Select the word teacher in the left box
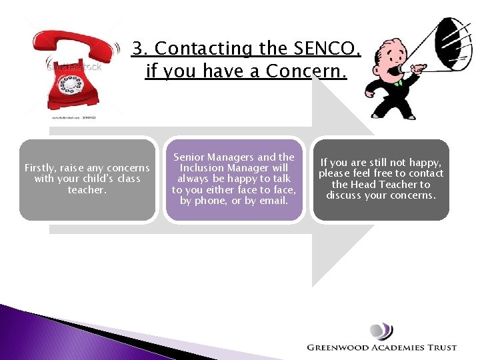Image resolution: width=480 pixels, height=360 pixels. (87, 190)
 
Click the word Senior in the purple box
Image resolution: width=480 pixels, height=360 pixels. (189, 157)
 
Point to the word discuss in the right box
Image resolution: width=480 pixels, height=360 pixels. (344, 195)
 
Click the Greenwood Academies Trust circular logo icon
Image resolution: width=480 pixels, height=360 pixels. (381, 331)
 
